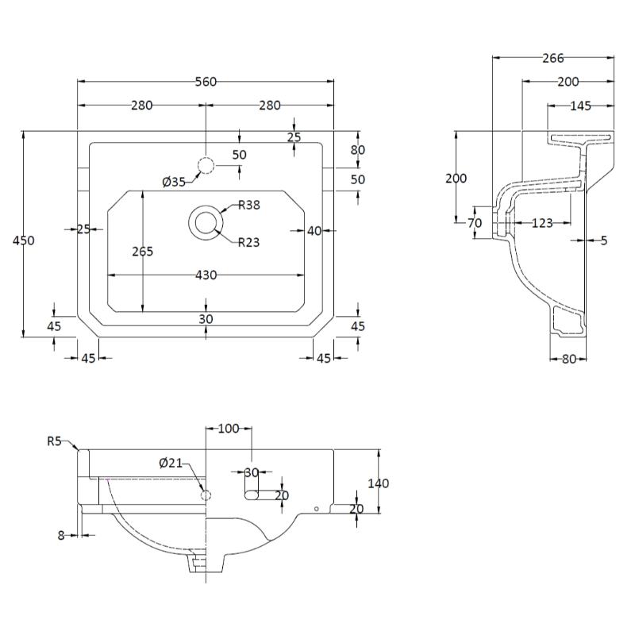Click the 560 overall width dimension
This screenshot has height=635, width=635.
click(206, 82)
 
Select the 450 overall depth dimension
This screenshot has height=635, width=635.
click(24, 240)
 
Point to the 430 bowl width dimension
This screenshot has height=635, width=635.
click(206, 275)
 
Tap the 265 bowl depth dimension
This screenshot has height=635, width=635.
click(143, 252)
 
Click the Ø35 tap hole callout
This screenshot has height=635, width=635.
click(173, 182)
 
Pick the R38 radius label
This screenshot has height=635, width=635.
click(249, 205)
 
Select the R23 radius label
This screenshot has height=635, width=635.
click(249, 242)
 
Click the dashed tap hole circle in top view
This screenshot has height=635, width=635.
click(206, 166)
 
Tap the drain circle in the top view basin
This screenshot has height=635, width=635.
click(206, 221)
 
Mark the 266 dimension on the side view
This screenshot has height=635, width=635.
click(552, 58)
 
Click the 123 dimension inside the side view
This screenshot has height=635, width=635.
click(541, 223)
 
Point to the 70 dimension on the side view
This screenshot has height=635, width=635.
click(475, 223)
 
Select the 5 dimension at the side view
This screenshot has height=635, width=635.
click(603, 240)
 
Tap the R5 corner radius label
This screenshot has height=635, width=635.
click(54, 441)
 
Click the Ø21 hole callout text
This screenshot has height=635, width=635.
click(171, 463)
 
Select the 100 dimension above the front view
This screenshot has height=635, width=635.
click(228, 429)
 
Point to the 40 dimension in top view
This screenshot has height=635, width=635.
click(314, 231)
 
